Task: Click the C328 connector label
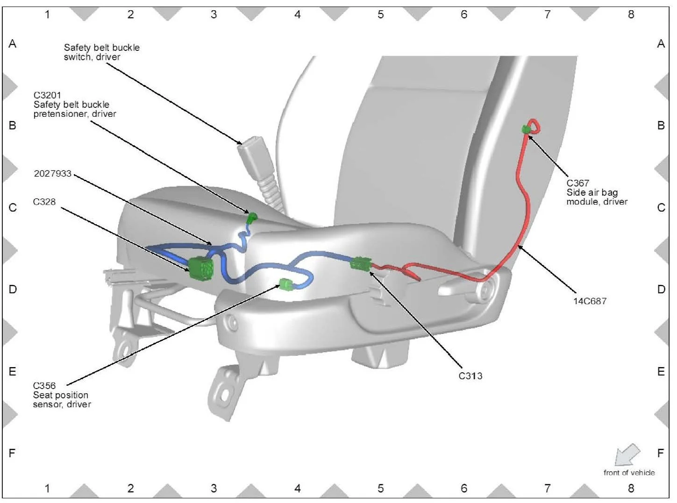coord(44,202)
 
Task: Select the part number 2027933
coord(52,173)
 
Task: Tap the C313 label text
coord(470,376)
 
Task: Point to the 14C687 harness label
coord(590,301)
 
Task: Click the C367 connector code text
coord(577,183)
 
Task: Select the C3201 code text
coord(47,95)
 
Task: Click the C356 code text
coord(44,386)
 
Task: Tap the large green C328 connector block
coord(201,269)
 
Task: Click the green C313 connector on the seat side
coord(361,264)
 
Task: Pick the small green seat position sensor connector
coord(285,283)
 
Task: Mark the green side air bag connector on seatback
coord(526,129)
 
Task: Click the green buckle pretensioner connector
coord(252,217)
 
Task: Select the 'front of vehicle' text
coord(629,473)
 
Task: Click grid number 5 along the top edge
coord(380,14)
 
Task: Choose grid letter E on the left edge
coord(13,371)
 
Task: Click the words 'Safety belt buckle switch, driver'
coord(101,52)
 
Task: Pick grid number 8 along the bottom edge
coord(631,489)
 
